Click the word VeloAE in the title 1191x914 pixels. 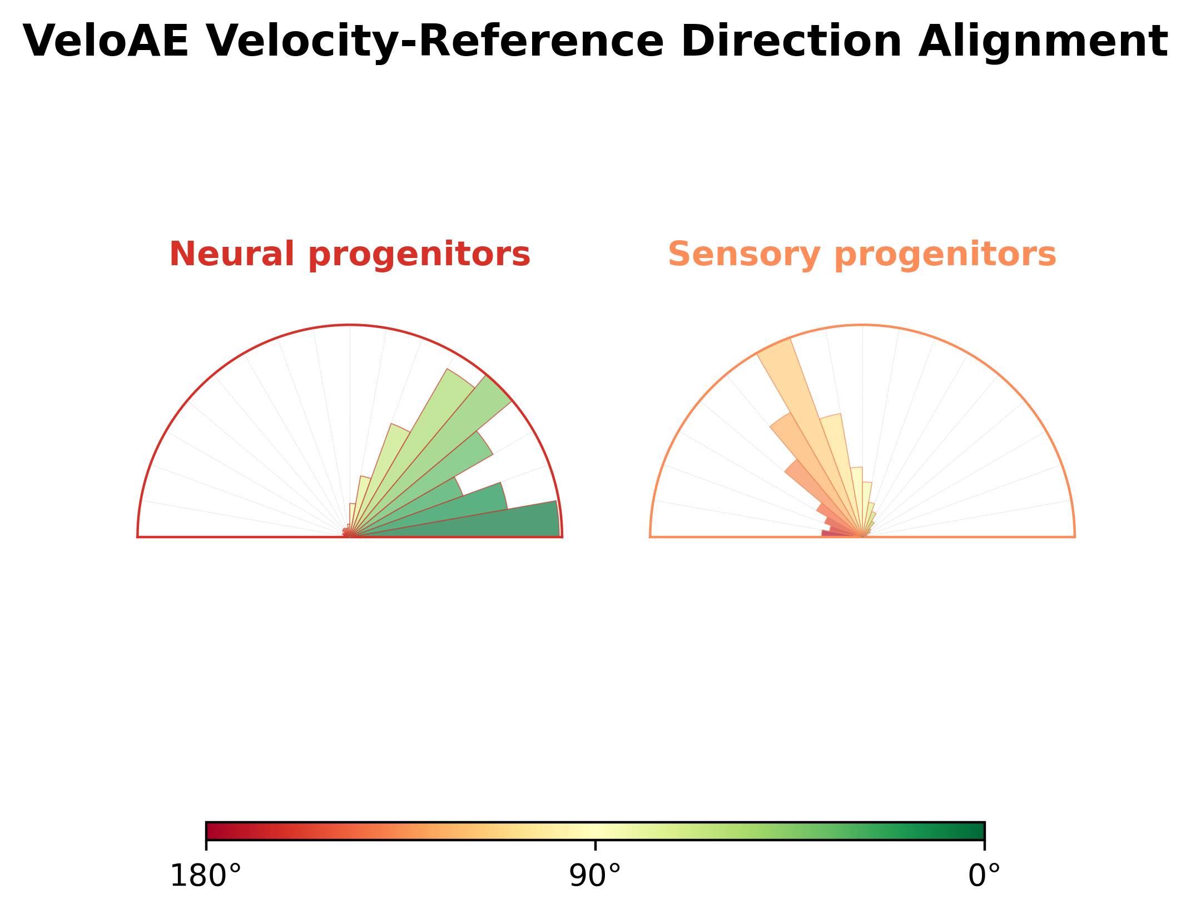point(106,42)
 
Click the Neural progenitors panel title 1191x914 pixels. point(350,255)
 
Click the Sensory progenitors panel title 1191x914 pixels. point(862,255)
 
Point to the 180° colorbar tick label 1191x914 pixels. point(206,877)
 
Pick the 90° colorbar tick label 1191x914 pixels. point(595,877)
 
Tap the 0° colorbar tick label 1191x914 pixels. point(984,877)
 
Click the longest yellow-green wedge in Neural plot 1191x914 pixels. point(423,439)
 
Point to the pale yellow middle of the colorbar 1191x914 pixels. point(595,831)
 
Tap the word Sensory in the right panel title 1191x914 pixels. point(744,255)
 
